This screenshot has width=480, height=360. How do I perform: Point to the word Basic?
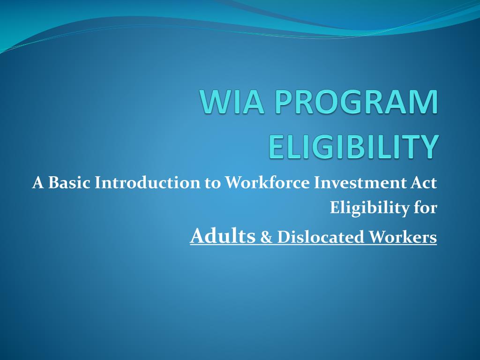click(69, 183)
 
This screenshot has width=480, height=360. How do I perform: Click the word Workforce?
click(267, 183)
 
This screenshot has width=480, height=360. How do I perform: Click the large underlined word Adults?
click(223, 236)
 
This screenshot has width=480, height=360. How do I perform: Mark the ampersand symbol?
click(266, 238)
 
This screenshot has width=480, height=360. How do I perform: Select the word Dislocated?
click(321, 237)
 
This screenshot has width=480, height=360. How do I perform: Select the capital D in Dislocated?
click(282, 237)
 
